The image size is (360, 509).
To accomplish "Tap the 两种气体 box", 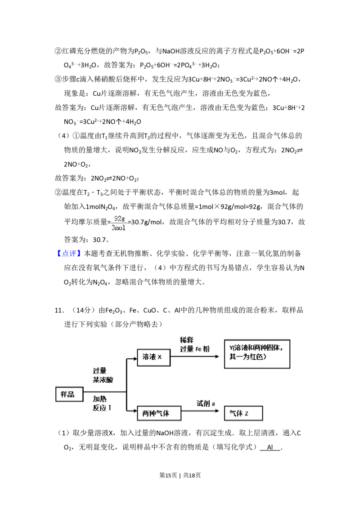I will point(159,413).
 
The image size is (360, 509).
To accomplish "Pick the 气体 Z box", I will point(243,413).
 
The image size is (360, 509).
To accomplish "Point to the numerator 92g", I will point(119,219).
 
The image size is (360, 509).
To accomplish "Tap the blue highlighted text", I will point(70,254).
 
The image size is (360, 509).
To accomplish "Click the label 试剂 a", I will point(206,403).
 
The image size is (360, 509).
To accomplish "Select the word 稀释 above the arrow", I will point(187,340).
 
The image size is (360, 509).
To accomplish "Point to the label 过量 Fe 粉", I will point(195,349).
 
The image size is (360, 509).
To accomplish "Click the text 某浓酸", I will point(103,380).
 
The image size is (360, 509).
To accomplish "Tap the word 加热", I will point(99,399).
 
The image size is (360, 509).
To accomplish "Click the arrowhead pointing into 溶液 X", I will point(135,358).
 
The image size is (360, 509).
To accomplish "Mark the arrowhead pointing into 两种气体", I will point(135,411).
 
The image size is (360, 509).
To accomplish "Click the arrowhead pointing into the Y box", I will point(219,357).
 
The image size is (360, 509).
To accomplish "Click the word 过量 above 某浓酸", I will point(99,371).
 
